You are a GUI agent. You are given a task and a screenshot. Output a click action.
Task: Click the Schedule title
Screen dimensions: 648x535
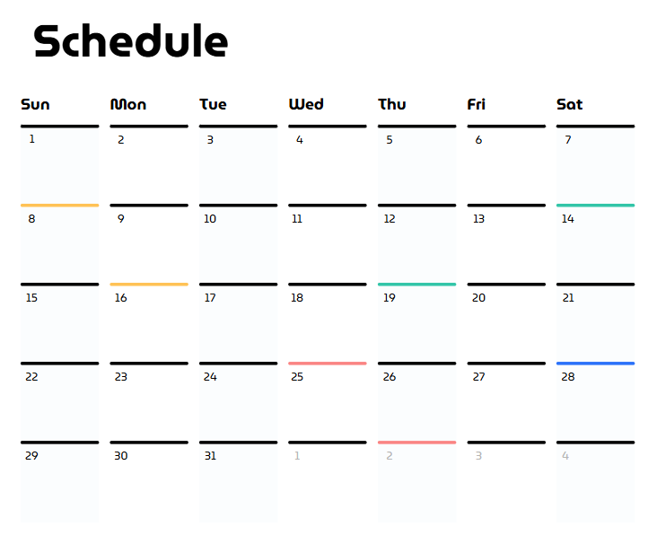coord(131,40)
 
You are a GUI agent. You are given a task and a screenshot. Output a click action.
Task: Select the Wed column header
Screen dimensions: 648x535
coord(306,104)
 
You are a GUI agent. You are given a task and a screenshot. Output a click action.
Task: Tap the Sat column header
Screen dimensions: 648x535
coord(570,104)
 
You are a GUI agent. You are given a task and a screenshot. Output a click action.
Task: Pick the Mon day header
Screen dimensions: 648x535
coord(128,104)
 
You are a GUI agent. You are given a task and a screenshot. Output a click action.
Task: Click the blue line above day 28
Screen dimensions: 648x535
coord(596,364)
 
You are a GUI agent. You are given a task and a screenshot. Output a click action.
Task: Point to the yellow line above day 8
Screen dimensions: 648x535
coord(60,205)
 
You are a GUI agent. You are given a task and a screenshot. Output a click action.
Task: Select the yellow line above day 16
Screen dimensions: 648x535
coord(149,285)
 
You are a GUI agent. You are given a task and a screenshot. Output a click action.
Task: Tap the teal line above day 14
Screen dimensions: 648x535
coord(596,205)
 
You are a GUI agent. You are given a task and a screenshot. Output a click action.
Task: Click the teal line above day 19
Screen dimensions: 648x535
coord(417,285)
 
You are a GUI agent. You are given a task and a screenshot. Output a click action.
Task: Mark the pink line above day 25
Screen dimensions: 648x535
coord(328,364)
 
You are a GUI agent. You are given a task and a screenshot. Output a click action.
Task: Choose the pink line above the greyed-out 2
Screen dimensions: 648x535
coord(417,443)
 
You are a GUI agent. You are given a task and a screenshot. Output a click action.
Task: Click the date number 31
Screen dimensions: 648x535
coord(210,456)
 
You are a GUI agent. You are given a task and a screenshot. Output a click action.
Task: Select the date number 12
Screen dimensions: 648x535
coord(390,219)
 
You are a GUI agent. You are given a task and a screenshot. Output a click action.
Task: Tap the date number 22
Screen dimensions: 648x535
coord(31,377)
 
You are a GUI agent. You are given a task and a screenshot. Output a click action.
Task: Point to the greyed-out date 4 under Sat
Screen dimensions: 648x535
coord(565,456)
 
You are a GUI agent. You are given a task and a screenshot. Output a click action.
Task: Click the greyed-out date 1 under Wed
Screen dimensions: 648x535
coord(297,456)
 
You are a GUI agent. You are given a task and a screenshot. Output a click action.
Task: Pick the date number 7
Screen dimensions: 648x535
coord(568,140)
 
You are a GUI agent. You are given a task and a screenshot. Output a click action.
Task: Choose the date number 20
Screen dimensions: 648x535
coord(478,298)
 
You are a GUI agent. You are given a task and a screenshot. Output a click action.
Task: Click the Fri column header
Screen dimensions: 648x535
coord(476,104)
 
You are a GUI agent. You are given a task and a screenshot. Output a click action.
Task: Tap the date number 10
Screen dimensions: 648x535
coord(210,219)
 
